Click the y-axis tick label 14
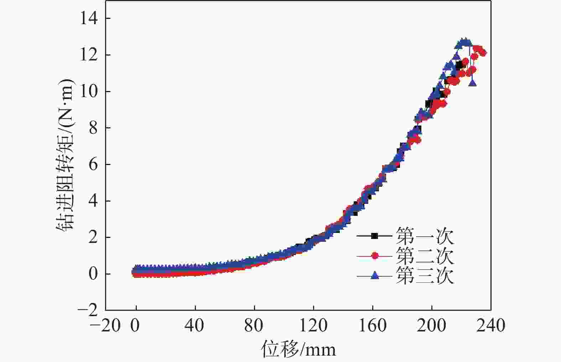click(89, 18)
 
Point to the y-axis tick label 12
click(89, 55)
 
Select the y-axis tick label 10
click(89, 92)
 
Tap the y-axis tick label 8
click(93, 128)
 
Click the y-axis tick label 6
click(93, 165)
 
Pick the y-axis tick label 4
click(93, 201)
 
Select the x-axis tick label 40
click(195, 325)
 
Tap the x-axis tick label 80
click(254, 325)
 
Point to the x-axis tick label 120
click(313, 325)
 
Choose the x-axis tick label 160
click(373, 325)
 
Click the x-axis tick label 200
click(432, 325)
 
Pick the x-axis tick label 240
click(491, 325)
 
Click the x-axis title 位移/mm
click(299, 349)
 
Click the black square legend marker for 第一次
click(374, 235)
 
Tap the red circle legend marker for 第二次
click(374, 255)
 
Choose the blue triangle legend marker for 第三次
click(374, 275)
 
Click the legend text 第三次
click(425, 276)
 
